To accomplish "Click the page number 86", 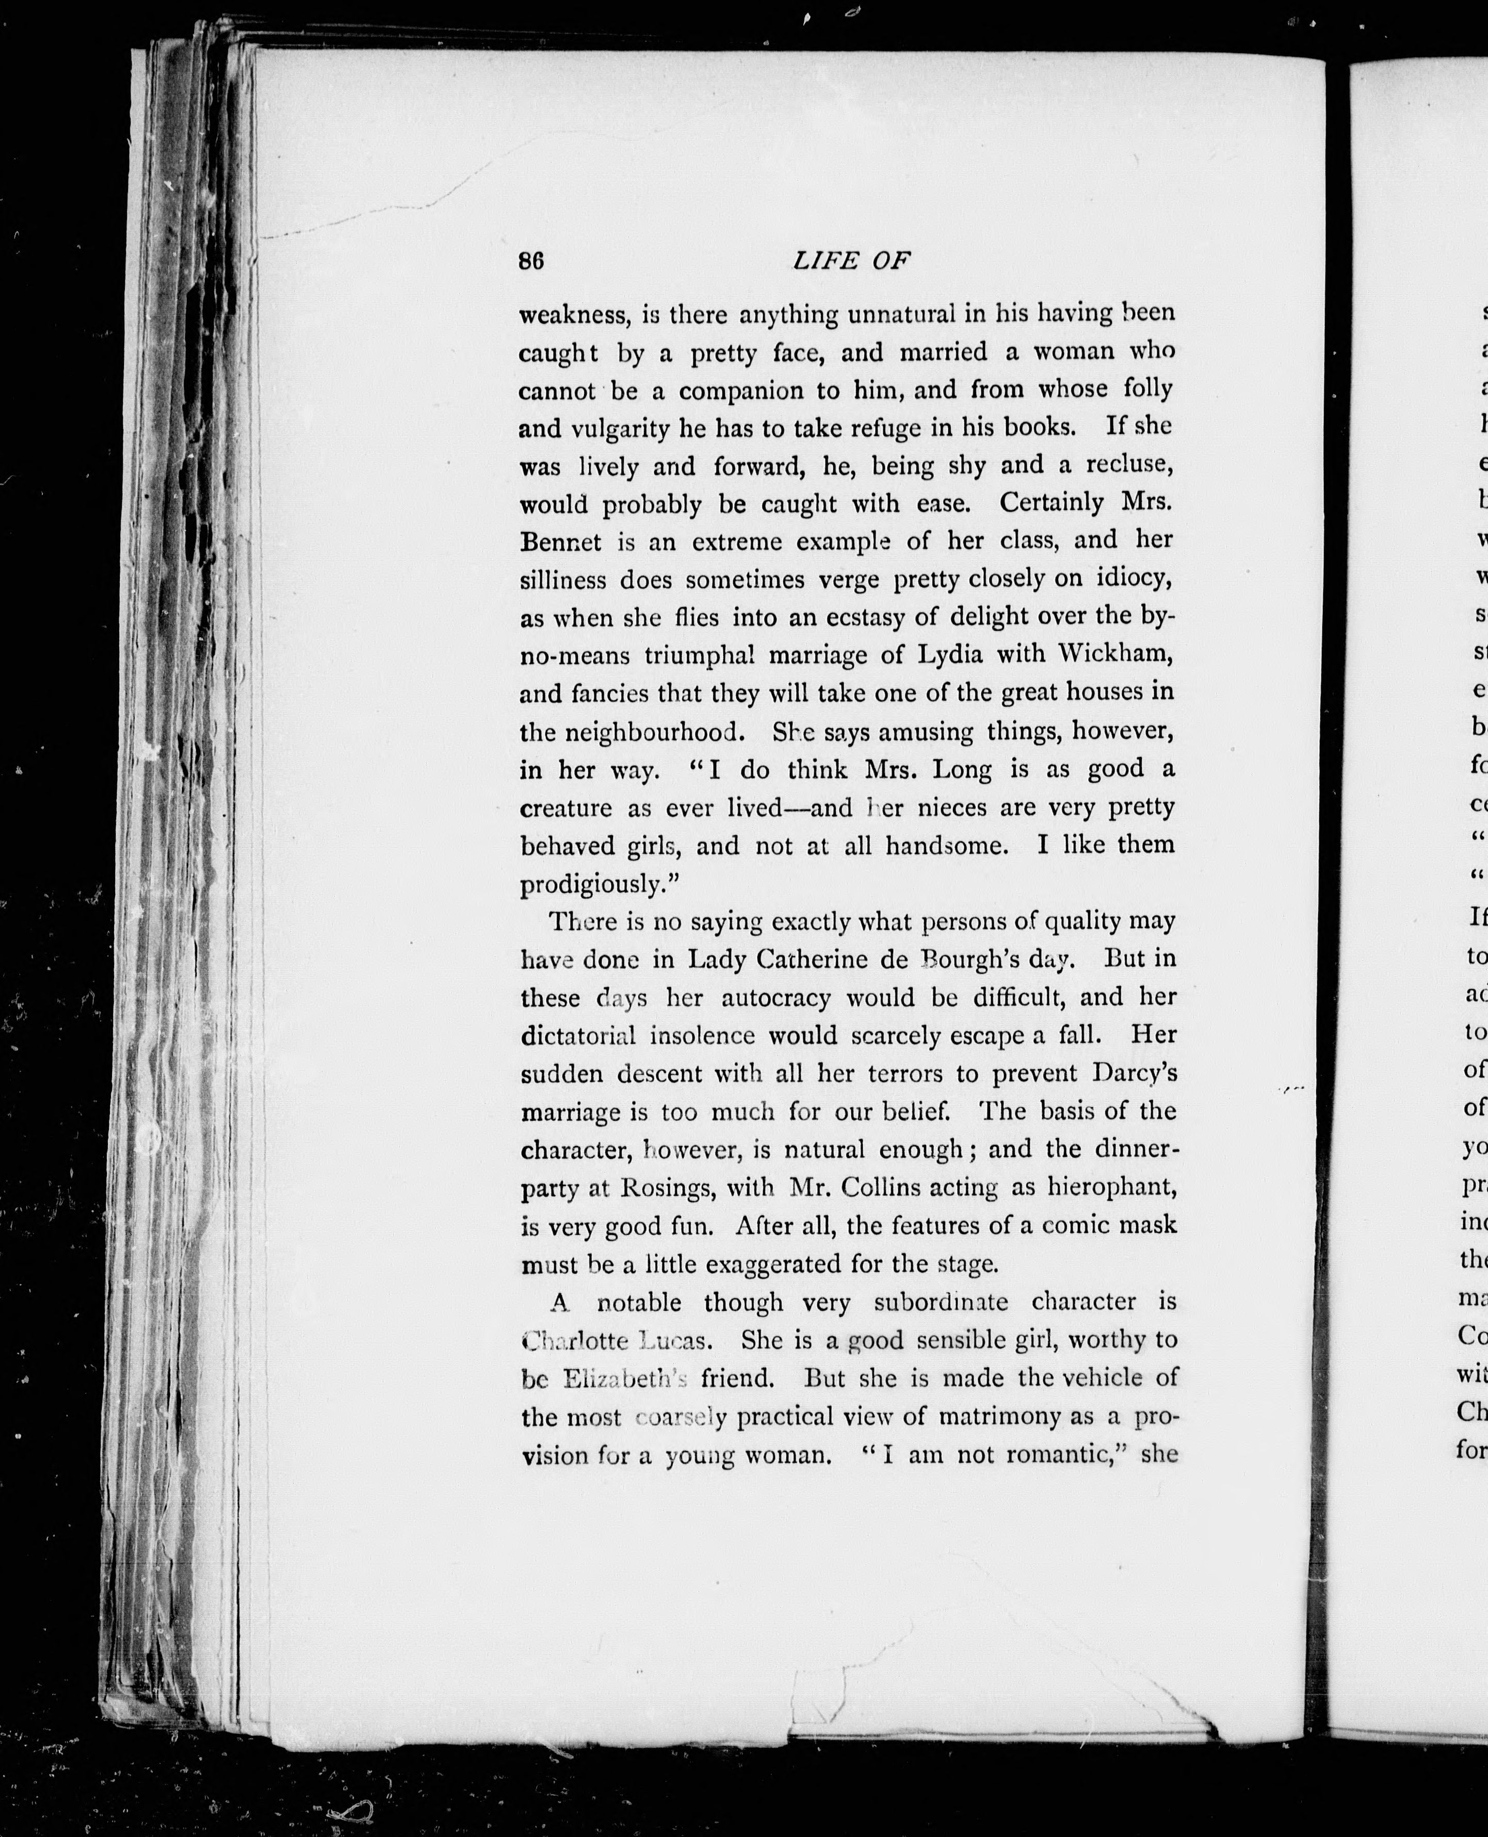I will (531, 262).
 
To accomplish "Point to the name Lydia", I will (950, 655).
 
